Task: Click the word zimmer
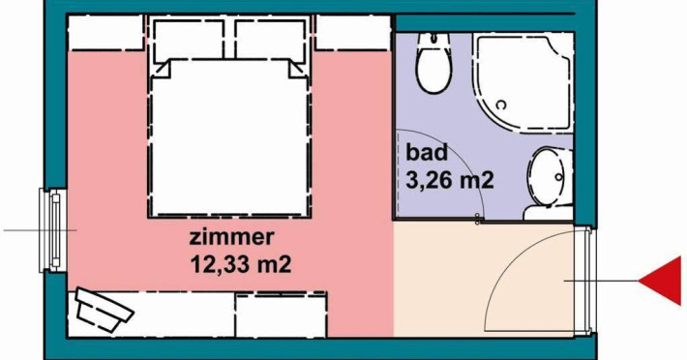coord(231,237)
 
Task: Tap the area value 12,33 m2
coord(241,264)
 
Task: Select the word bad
coord(427,152)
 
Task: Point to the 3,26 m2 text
coord(450,180)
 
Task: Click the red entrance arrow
coord(662,281)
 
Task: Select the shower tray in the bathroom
coord(523,82)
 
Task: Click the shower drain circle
coord(501,105)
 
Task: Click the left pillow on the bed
coord(189,40)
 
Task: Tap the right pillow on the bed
coord(270,40)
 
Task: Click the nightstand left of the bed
coord(106,32)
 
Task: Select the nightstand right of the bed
coord(353,32)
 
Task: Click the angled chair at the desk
coord(104,310)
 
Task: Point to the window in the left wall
coord(53,230)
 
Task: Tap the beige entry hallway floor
coord(460,281)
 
